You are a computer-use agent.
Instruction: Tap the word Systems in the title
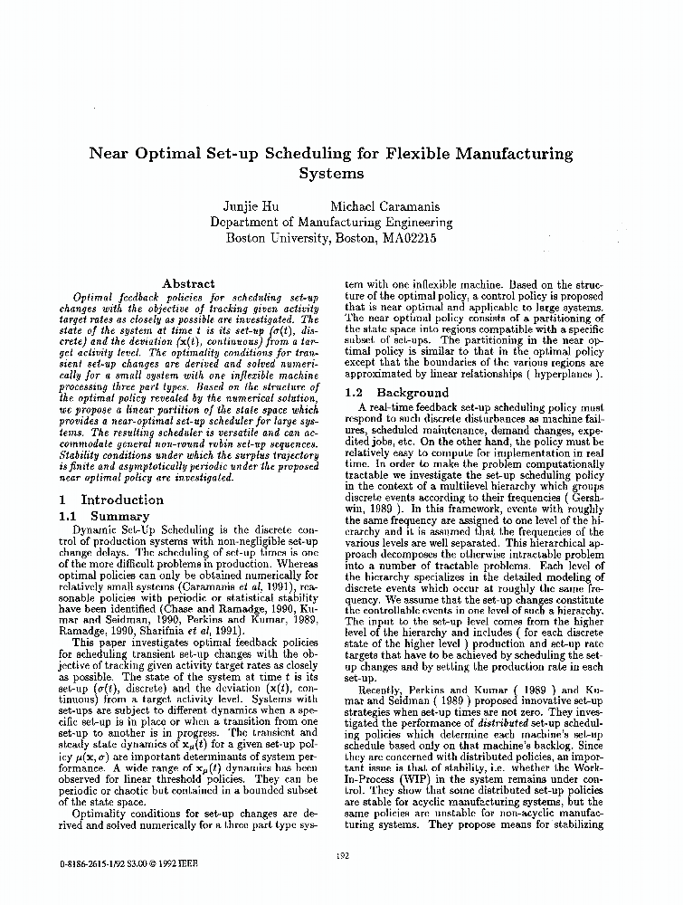tap(330, 173)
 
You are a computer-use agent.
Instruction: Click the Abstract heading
tap(187, 283)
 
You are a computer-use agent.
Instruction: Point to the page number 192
tap(342, 856)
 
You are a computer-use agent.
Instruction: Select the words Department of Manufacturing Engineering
tap(330, 222)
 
